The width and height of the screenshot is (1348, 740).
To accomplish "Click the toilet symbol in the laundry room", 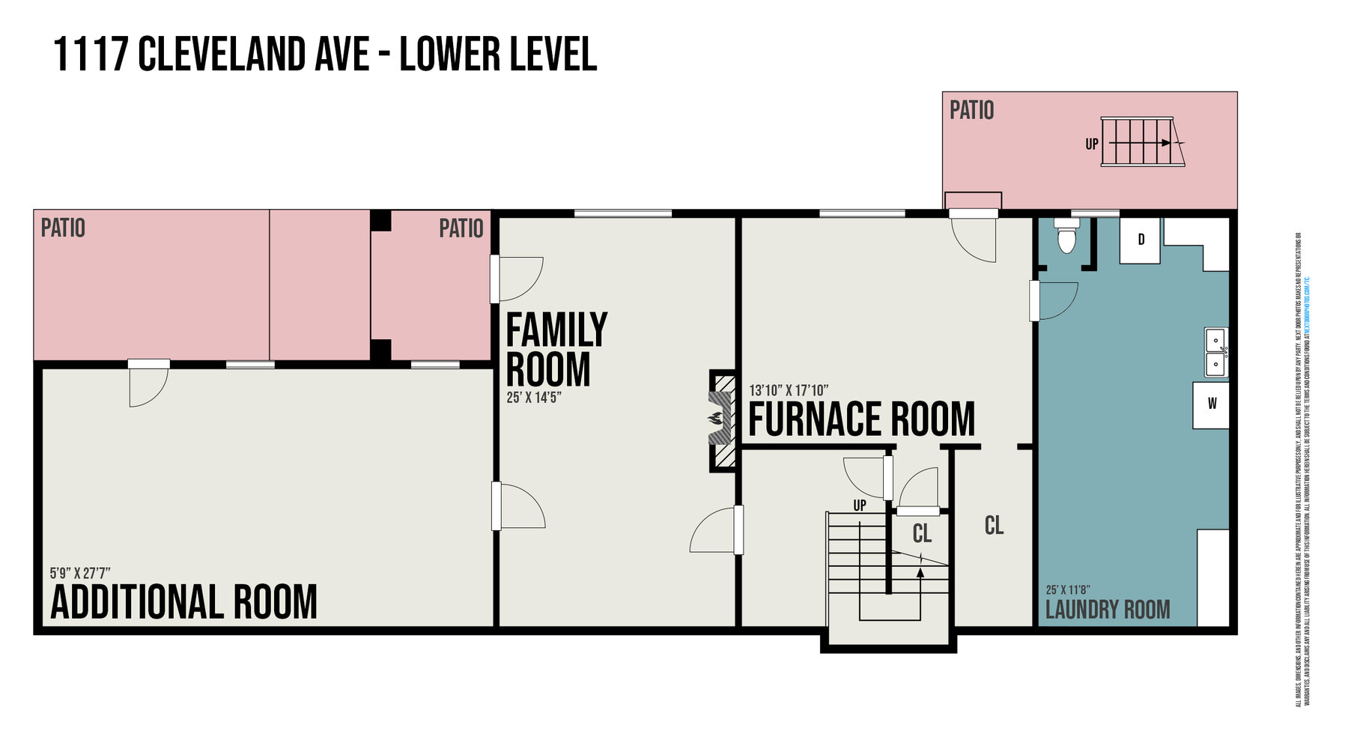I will tap(1065, 239).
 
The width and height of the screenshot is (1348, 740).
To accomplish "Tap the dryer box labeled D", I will tap(1141, 240).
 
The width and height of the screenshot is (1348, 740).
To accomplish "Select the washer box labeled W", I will tap(1211, 404).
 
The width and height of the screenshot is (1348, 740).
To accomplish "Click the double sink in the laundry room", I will tap(1215, 353).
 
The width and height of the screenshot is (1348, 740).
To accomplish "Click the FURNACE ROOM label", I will tap(861, 419).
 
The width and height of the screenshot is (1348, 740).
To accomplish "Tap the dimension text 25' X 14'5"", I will tap(534, 398).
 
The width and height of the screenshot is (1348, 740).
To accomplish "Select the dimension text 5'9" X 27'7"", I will tap(80, 573).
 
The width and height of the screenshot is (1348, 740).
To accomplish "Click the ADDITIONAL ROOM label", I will tap(183, 603).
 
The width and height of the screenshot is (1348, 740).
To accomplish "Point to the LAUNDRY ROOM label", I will tap(1107, 610).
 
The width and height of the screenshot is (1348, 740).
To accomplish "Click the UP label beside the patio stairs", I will tap(1092, 143).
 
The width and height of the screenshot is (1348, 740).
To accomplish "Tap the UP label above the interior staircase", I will tap(860, 506).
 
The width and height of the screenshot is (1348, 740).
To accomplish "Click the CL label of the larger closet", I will tap(994, 526).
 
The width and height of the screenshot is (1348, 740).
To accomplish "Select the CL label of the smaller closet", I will tap(922, 534).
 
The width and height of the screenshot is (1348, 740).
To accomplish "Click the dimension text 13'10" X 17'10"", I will tap(788, 390).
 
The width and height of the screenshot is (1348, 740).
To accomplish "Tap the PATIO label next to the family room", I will tap(461, 228).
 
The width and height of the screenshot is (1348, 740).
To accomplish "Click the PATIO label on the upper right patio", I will tap(971, 111).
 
